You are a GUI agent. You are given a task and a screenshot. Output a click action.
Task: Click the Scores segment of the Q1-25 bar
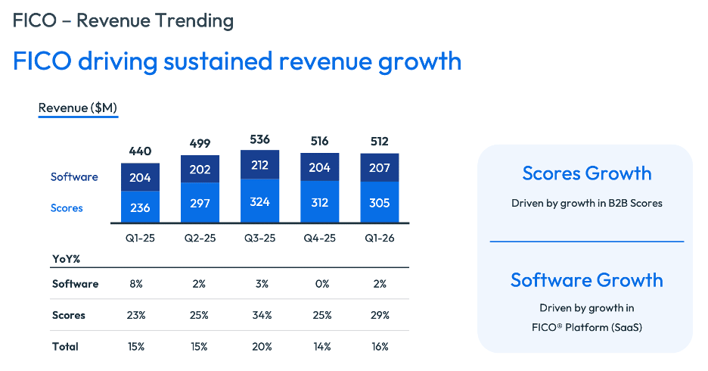click(x=140, y=207)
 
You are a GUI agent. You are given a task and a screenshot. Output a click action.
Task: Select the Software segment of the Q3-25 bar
click(x=259, y=164)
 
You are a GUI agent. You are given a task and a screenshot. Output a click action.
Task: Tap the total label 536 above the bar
click(x=259, y=139)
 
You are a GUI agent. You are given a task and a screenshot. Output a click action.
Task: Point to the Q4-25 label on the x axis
click(x=320, y=238)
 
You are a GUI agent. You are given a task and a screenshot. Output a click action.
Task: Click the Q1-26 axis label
click(x=379, y=238)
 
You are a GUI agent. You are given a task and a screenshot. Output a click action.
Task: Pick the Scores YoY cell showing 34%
click(x=262, y=315)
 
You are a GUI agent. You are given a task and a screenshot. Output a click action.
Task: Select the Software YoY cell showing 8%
click(x=136, y=284)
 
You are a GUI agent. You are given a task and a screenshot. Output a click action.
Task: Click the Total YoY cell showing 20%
click(x=262, y=347)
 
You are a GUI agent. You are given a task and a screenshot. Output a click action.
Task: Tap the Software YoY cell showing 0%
click(x=322, y=284)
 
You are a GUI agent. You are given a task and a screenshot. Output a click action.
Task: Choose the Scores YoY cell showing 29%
click(x=380, y=315)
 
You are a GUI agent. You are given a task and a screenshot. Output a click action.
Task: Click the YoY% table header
click(x=66, y=259)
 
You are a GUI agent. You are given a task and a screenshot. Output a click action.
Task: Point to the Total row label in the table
click(x=65, y=347)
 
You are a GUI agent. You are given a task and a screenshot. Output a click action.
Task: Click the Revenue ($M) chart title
click(x=78, y=108)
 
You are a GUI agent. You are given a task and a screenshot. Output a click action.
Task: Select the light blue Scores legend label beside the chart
click(x=67, y=208)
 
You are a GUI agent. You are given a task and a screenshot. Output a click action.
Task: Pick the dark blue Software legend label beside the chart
click(x=74, y=176)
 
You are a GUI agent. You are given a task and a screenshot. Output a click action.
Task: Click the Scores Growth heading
click(x=586, y=173)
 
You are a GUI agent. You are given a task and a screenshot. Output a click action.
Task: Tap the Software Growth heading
click(x=586, y=280)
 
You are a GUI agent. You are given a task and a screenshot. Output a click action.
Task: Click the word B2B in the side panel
click(x=618, y=204)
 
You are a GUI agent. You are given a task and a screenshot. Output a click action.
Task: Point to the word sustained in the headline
click(x=218, y=61)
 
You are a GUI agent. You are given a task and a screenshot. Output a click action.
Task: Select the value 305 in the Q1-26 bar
click(x=379, y=203)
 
